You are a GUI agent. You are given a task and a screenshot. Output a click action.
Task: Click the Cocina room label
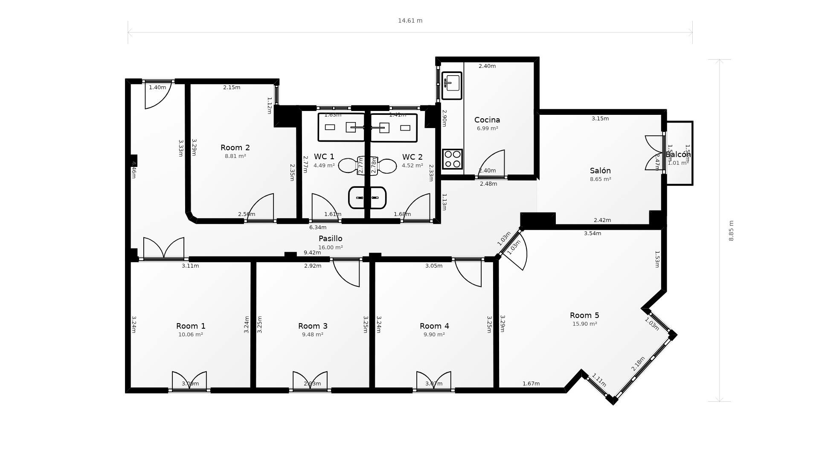[487, 120]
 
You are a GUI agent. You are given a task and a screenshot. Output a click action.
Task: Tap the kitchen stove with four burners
[452, 159]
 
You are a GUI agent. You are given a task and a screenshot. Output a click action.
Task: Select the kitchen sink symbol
[452, 85]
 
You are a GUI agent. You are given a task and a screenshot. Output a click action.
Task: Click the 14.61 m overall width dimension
[410, 20]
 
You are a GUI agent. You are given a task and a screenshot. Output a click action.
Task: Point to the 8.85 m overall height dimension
[731, 230]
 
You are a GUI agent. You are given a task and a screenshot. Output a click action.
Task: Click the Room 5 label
[584, 315]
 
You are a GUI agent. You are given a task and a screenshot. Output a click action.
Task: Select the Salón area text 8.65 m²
[600, 179]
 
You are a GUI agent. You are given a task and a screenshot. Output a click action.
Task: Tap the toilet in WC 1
[349, 166]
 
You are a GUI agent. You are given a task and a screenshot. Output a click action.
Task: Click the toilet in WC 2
[386, 166]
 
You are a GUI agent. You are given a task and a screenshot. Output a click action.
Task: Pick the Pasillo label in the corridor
[330, 239]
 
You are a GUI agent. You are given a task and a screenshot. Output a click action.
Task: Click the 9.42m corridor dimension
[312, 253]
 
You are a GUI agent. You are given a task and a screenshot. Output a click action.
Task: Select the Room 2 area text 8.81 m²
[235, 156]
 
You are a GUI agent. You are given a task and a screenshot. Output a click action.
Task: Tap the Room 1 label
[190, 326]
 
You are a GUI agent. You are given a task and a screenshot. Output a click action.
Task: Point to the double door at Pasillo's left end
[163, 249]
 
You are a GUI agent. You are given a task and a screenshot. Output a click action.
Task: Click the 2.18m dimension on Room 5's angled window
[638, 363]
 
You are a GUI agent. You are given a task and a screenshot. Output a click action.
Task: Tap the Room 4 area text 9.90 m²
[434, 335]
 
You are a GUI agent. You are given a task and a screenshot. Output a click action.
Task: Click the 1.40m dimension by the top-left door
[157, 88]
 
